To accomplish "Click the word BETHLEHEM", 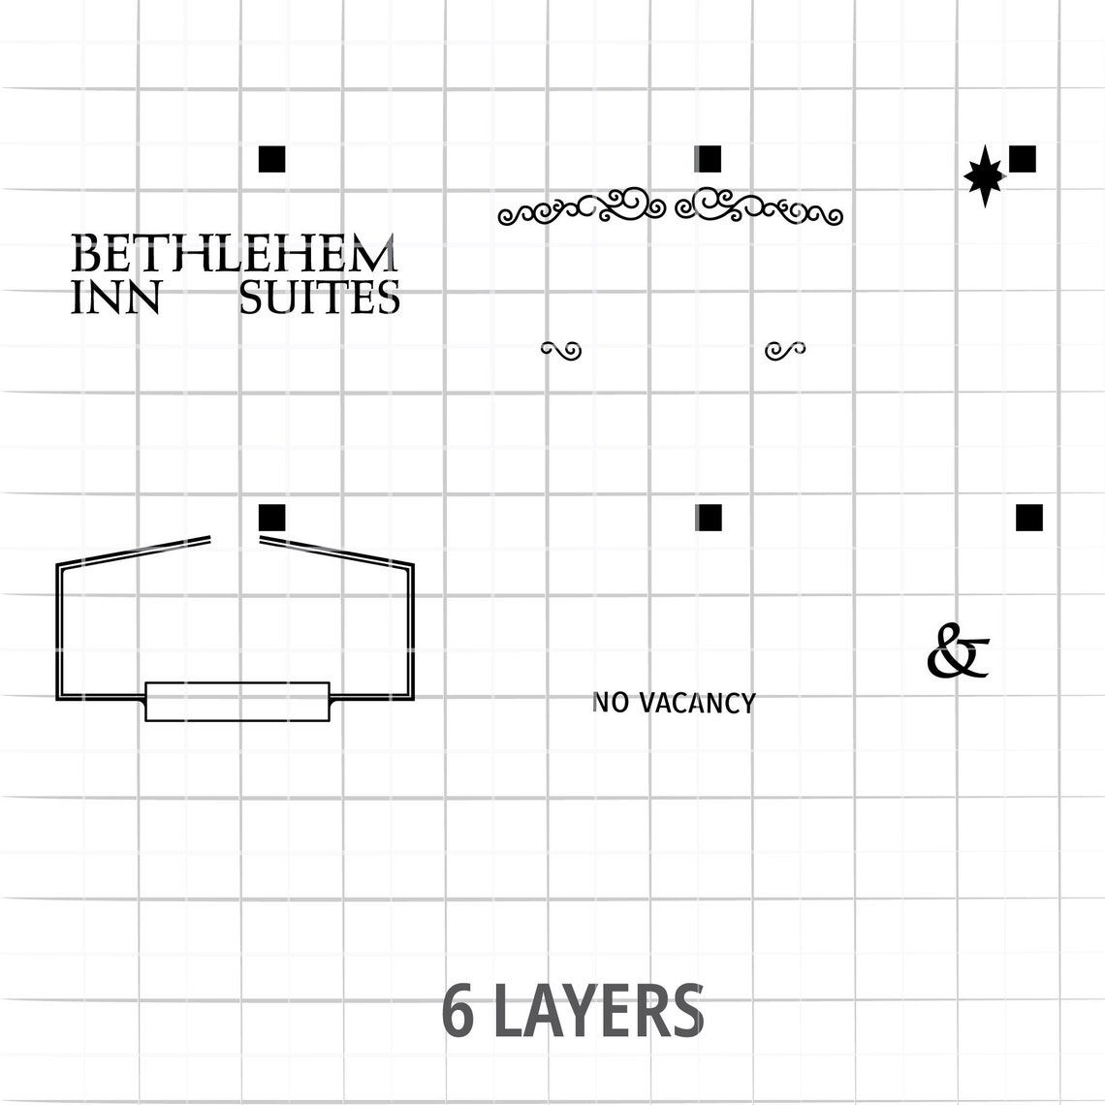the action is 234,253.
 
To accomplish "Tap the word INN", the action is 116,298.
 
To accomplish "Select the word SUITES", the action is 319,298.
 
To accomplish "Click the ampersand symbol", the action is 958,650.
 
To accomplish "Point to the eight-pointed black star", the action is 985,175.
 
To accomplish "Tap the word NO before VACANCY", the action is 611,704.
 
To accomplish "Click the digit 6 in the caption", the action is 458,1011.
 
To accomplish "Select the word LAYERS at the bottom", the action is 598,1011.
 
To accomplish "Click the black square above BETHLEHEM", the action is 272,159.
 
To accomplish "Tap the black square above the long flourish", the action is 708,159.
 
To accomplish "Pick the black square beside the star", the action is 1023,159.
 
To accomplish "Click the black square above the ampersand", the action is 1028,518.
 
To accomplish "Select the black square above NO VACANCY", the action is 709,518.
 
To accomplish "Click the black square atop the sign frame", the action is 272,518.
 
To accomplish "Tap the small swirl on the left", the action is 561,350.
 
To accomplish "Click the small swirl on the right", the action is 785,350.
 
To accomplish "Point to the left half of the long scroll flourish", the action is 582,206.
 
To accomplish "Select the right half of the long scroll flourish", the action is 758,206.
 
